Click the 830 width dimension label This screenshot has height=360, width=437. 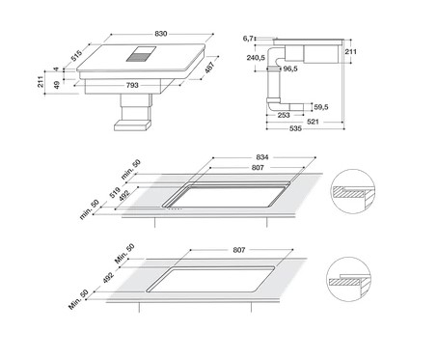[x=161, y=34]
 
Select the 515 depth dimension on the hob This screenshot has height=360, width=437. [x=76, y=56]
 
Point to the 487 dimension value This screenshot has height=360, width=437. [x=209, y=68]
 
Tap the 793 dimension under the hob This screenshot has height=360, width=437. [x=132, y=85]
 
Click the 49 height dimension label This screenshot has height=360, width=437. [x=57, y=85]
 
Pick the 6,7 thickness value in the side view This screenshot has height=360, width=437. [x=248, y=39]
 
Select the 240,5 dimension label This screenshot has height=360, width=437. [x=256, y=58]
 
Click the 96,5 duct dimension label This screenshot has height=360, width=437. [x=290, y=69]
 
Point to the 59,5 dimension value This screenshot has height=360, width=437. [x=321, y=107]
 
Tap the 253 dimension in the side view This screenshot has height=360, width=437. [x=284, y=115]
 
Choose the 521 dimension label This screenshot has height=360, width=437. [x=313, y=122]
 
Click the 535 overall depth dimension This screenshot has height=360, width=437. [x=295, y=128]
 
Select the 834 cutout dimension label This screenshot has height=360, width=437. [x=262, y=157]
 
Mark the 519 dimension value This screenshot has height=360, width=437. [x=115, y=192]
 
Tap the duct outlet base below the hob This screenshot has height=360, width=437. [x=132, y=125]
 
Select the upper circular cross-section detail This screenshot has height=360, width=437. [x=353, y=192]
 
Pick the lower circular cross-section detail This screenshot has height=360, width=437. [x=348, y=279]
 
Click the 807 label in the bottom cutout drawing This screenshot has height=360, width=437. [x=239, y=250]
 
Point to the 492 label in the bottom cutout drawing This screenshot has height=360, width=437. [x=108, y=278]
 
